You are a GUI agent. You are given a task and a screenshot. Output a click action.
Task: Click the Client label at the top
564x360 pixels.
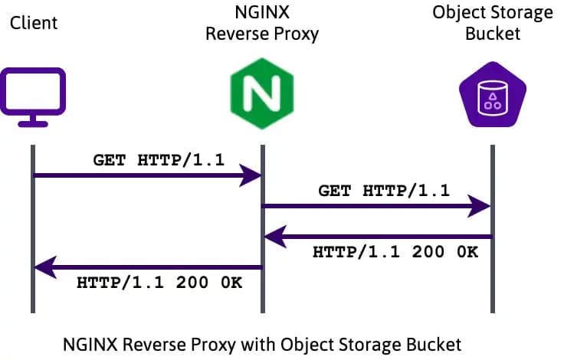pos(34,22)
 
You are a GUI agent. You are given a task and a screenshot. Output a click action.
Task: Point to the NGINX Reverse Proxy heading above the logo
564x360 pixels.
pos(263,23)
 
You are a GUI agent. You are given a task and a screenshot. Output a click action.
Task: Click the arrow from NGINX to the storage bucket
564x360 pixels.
pos(376,205)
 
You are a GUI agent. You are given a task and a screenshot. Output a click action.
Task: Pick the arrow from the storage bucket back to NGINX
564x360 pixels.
pos(376,237)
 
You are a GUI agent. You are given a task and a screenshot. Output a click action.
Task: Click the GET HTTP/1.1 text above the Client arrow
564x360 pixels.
pos(147,161)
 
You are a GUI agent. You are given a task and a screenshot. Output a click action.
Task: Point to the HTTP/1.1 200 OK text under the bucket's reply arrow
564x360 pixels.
pos(395,252)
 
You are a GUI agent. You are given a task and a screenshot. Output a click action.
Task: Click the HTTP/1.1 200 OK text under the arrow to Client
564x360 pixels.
pos(159,283)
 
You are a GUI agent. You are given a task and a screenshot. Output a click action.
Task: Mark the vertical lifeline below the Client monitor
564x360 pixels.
pos(34,230)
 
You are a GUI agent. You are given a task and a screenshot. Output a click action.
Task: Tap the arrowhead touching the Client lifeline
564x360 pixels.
pos(45,267)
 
